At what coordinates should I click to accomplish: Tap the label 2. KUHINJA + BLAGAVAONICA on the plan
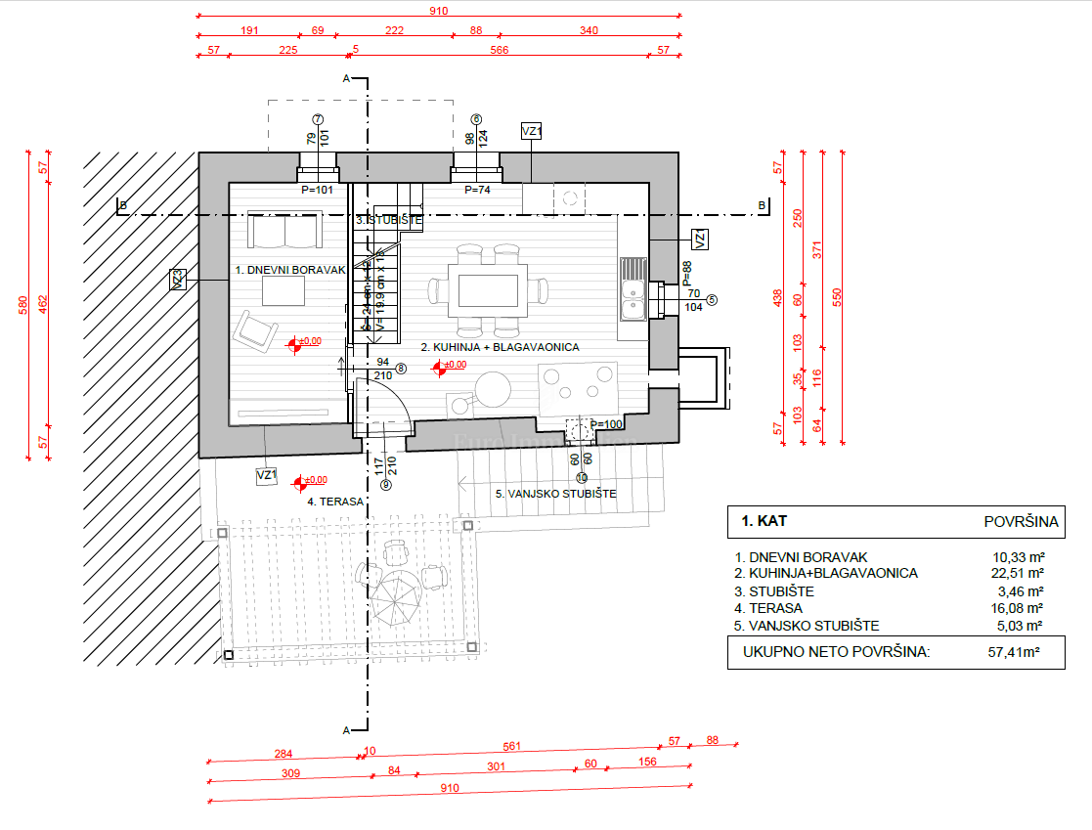501,347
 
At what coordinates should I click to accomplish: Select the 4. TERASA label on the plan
335,502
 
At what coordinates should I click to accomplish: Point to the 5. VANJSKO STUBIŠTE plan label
555,494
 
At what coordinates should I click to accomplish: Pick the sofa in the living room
285,231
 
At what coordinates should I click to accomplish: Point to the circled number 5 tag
712,300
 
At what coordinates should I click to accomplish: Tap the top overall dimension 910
437,11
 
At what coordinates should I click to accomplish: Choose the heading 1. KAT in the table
764,521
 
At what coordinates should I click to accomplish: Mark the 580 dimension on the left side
22,305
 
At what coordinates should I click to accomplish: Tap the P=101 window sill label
318,191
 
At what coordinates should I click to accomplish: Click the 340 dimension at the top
589,30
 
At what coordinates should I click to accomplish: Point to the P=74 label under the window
476,191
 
